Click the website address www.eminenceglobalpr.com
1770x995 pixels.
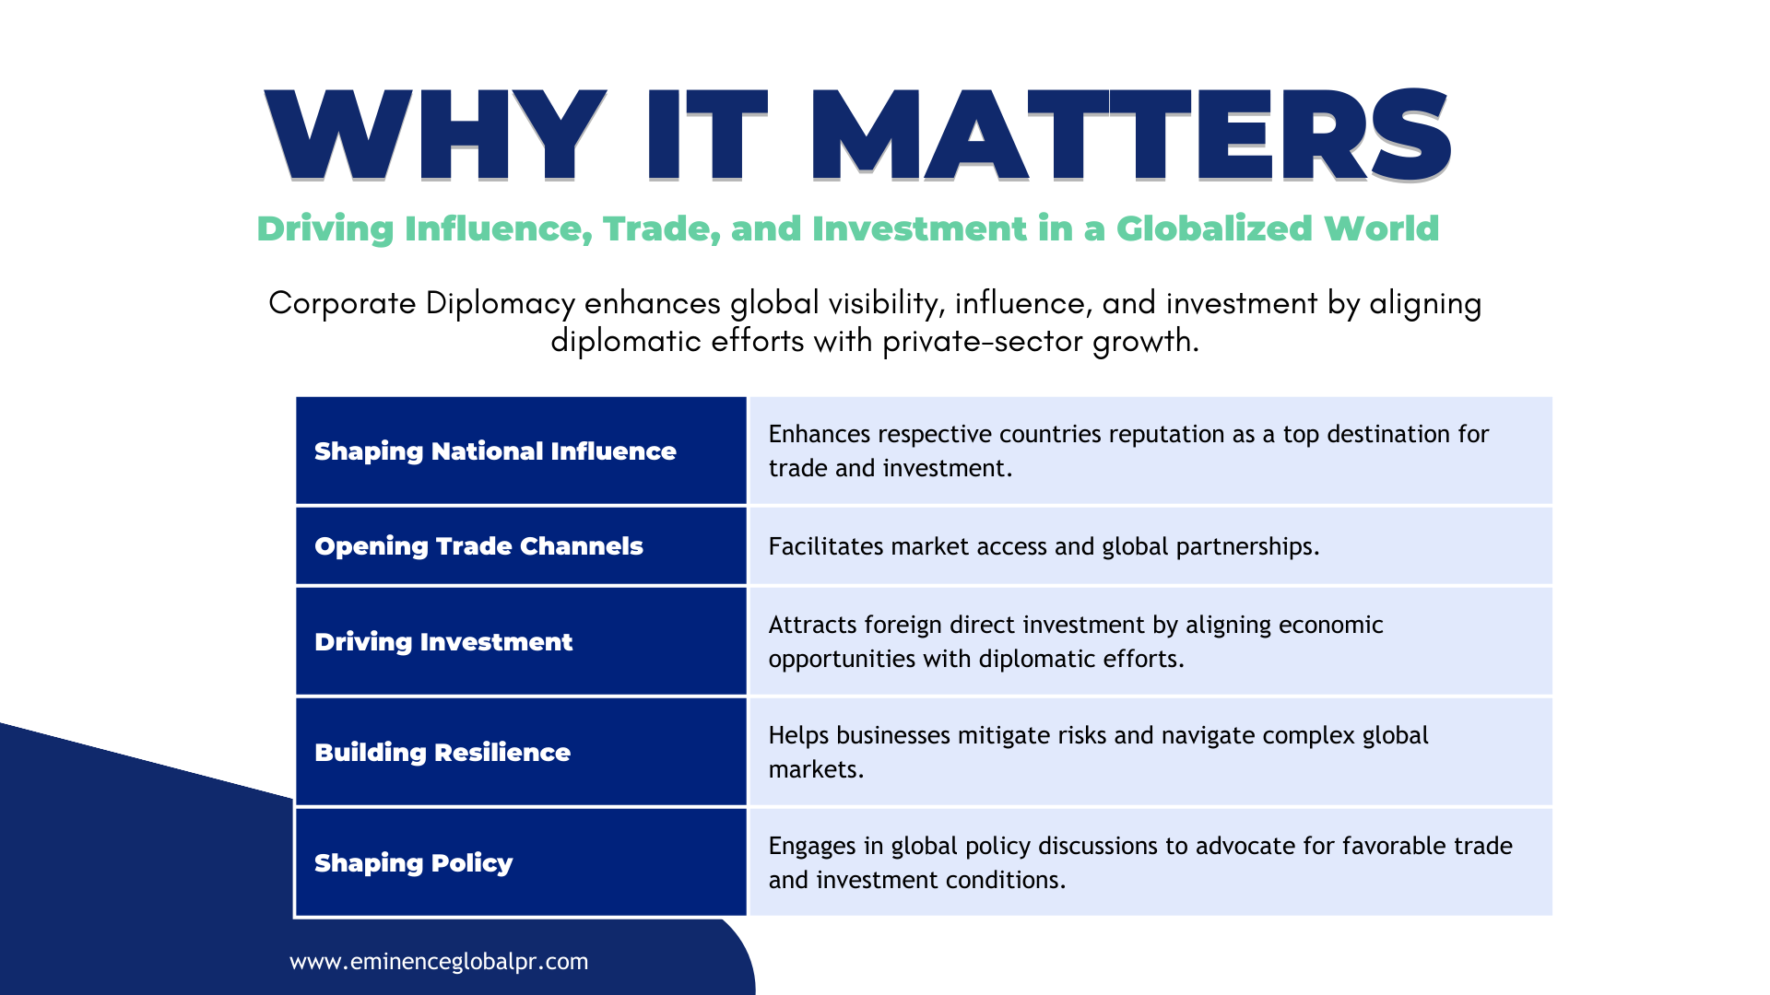click(x=439, y=962)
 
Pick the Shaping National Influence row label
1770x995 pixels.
click(x=495, y=451)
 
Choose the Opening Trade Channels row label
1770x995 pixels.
click(x=478, y=546)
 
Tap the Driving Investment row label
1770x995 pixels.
click(x=443, y=642)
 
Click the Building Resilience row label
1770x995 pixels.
click(x=442, y=753)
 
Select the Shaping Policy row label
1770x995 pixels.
click(x=413, y=863)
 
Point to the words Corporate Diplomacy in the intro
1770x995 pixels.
click(x=422, y=303)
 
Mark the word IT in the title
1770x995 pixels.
click(x=707, y=135)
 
